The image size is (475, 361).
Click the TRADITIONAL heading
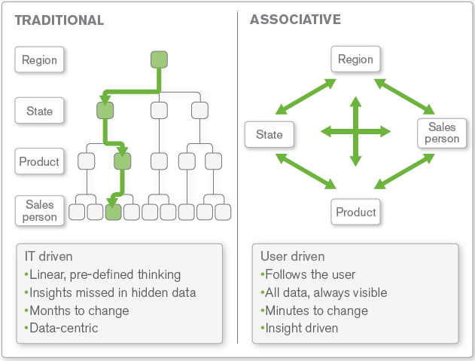[x=59, y=20]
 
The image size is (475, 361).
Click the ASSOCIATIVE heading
[x=295, y=20]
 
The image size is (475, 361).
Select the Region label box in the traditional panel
[x=39, y=60]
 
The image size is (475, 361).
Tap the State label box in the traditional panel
[x=39, y=111]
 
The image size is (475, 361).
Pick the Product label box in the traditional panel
[x=39, y=161]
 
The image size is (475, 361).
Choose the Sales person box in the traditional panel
[x=40, y=210]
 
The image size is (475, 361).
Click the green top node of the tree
[x=159, y=60]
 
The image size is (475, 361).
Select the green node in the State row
[x=105, y=111]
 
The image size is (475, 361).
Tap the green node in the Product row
[x=123, y=161]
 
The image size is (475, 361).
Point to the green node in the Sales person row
[x=114, y=212]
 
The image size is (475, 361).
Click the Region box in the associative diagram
[x=355, y=59]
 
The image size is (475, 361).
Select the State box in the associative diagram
[x=269, y=134]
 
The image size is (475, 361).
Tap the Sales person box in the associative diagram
[x=442, y=133]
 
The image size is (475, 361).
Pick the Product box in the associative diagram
[x=355, y=212]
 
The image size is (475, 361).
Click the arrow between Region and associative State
[x=306, y=96]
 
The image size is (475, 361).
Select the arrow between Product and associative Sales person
[x=404, y=171]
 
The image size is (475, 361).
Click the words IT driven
[x=49, y=256]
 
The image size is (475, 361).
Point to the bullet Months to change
[x=77, y=311]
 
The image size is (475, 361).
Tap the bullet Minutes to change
[x=315, y=311]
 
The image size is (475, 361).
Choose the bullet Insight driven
[x=300, y=328]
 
